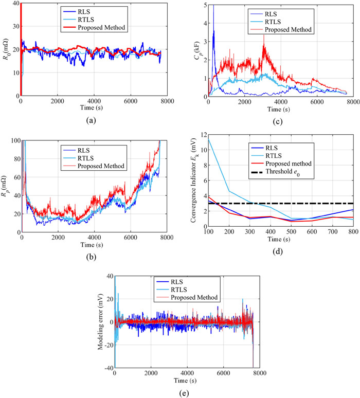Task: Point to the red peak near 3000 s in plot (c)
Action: tap(264, 35)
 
